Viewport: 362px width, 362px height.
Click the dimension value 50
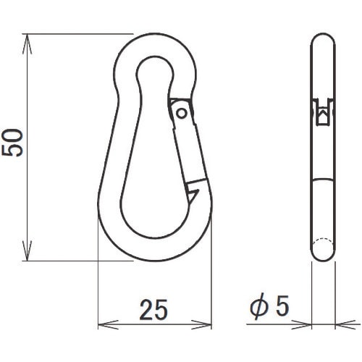click(x=12, y=143)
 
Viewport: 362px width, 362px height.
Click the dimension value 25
click(x=153, y=310)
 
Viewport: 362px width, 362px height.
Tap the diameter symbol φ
click(x=259, y=307)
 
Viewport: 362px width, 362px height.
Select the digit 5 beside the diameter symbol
click(x=282, y=306)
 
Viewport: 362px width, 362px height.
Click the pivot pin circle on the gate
click(x=182, y=113)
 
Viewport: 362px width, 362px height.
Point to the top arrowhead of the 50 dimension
click(x=27, y=44)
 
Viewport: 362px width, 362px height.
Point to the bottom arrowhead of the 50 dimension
click(x=27, y=251)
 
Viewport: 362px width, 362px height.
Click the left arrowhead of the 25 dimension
click(x=108, y=324)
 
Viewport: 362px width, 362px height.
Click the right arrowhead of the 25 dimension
click(x=201, y=324)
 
